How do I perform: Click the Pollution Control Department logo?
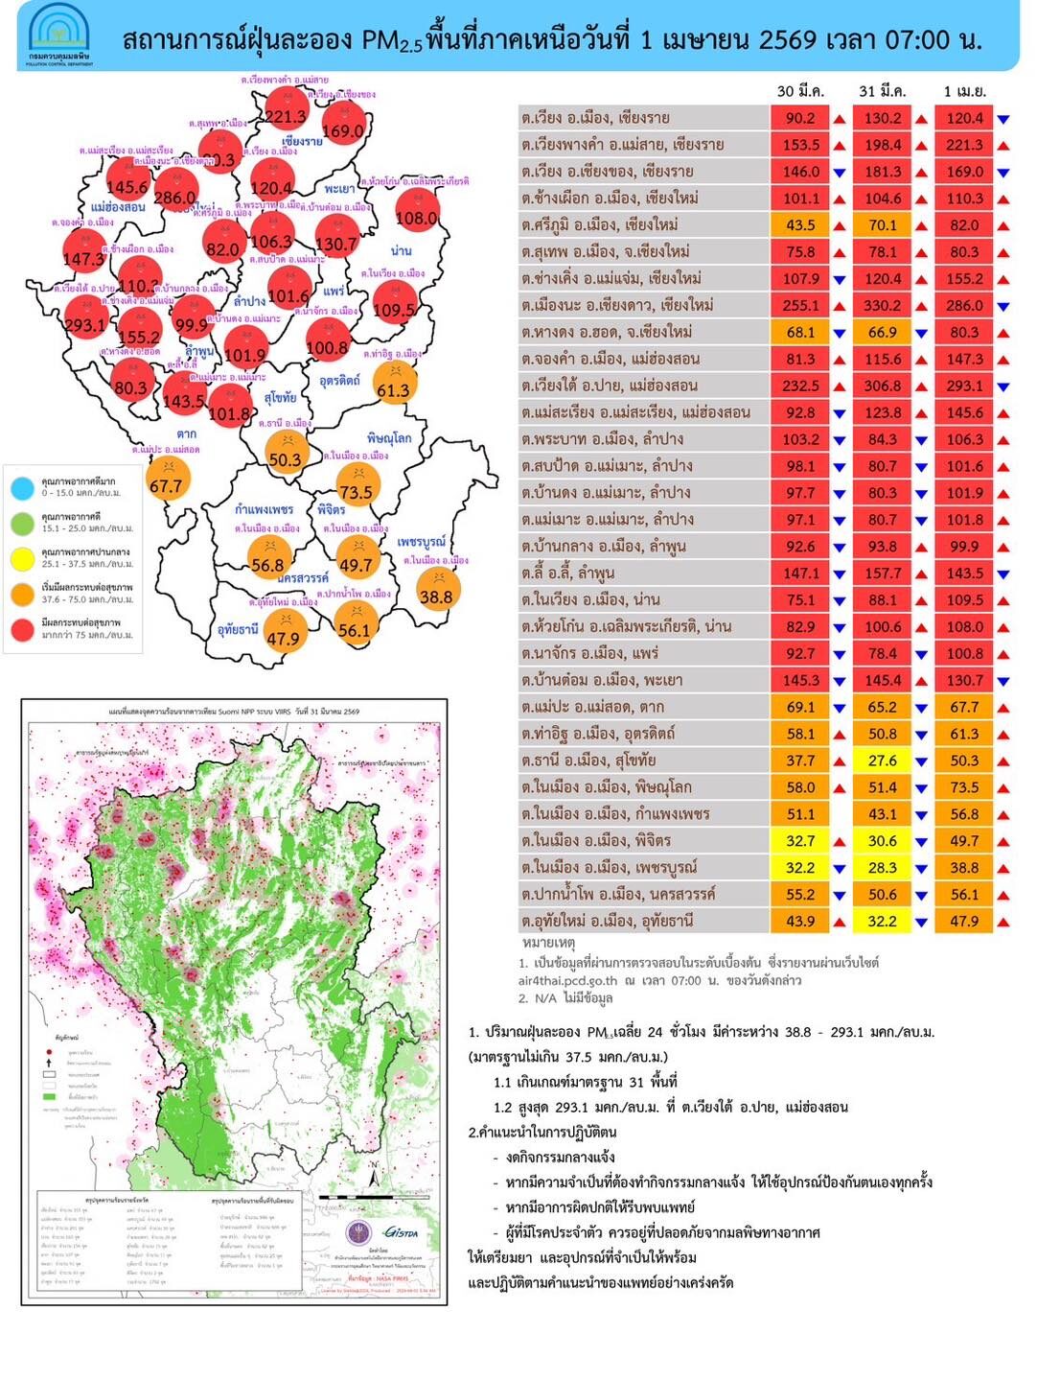59,35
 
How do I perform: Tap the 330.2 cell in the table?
883,306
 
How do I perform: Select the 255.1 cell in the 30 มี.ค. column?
800,306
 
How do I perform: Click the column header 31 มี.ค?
882,92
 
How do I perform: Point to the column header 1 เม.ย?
965,92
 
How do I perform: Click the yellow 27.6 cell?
883,761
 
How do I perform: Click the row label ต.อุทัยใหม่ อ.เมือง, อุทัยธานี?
608,922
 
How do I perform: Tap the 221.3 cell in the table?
964,145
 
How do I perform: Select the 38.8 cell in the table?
964,868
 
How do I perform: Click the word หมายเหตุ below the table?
548,943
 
